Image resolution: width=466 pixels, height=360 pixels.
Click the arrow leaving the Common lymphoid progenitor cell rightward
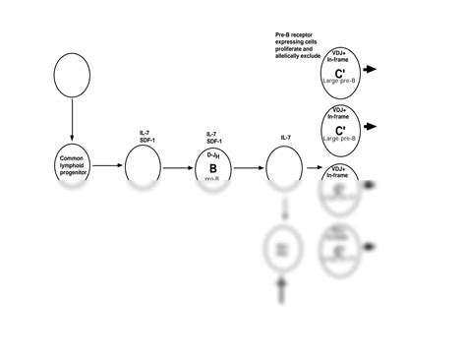click(109, 166)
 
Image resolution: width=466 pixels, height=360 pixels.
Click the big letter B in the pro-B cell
click(211, 168)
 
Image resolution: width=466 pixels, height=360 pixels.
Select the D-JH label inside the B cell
click(211, 155)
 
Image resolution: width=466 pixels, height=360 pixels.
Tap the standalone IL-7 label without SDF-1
click(286, 139)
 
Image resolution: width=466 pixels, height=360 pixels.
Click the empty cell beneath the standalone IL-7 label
click(285, 166)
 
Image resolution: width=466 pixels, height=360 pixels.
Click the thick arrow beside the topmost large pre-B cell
click(375, 70)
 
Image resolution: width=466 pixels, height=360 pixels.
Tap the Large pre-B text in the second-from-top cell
click(340, 139)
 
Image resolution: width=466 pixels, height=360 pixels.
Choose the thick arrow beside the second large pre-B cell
click(375, 127)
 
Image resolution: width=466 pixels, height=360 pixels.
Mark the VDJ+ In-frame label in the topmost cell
click(340, 55)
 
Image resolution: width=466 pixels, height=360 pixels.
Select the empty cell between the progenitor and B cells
click(143, 166)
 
